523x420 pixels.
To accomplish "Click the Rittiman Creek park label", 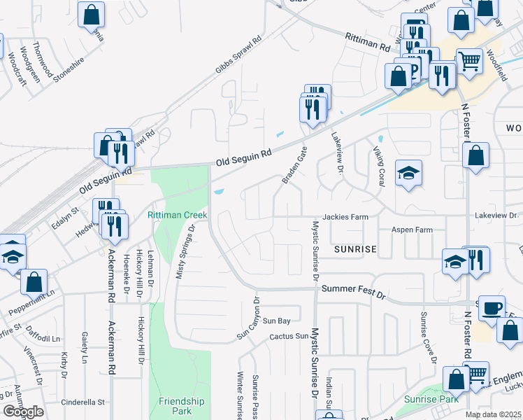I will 173,215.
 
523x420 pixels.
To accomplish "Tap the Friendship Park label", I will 176,406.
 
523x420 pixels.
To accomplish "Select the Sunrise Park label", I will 431,399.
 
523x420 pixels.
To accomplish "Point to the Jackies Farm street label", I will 345,217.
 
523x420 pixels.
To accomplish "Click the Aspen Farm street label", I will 412,230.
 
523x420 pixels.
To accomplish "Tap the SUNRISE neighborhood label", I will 354,249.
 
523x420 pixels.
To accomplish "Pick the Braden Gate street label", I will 294,165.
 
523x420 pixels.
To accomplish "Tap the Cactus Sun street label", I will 289,337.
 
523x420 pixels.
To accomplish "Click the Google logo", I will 24,412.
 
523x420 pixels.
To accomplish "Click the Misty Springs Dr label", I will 185,251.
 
